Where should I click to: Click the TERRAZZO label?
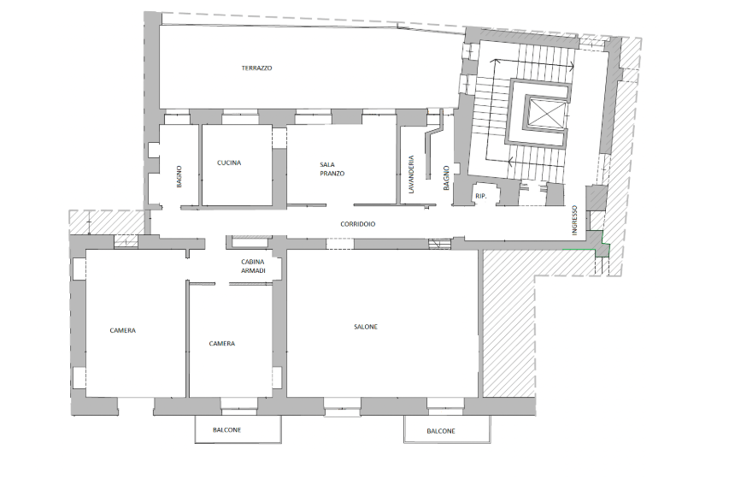[x=256, y=68]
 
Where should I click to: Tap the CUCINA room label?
[x=229, y=163]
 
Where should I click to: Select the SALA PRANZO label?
[x=332, y=169]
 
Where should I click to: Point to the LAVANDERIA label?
[x=410, y=174]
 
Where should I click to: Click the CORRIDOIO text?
[x=357, y=224]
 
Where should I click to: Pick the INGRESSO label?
[x=574, y=220]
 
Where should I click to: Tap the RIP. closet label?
[x=481, y=197]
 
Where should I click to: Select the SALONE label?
[x=366, y=327]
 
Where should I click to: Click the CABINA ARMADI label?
[x=253, y=266]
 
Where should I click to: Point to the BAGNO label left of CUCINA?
[x=179, y=176]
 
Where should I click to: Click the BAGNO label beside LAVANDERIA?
[x=446, y=178]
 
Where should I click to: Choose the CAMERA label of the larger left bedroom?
[x=123, y=330]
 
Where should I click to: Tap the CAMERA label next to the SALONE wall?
[x=221, y=344]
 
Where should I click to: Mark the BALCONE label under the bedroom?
[x=226, y=430]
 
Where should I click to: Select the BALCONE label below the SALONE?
[x=441, y=431]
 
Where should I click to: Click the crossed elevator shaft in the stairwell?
[x=545, y=113]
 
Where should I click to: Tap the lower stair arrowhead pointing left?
[x=510, y=162]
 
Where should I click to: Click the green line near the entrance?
[x=579, y=250]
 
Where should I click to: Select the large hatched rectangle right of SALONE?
[x=509, y=323]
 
